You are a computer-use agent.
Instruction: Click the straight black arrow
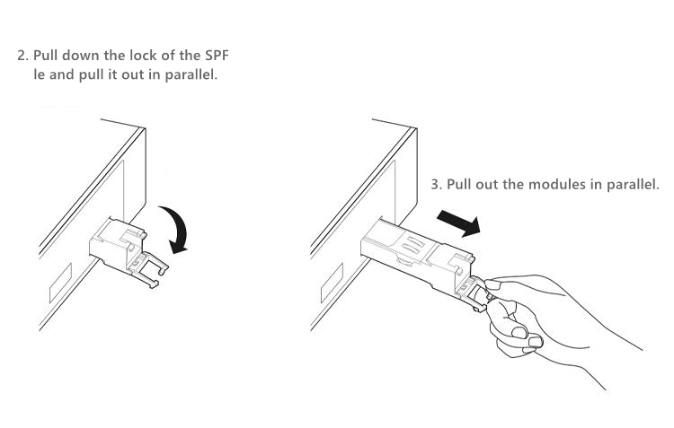(458, 223)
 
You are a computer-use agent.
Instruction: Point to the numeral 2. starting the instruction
(23, 56)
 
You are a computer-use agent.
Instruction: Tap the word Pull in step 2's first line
(45, 56)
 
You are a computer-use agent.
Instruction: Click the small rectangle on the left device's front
(60, 283)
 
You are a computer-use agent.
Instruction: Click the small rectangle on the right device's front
(332, 284)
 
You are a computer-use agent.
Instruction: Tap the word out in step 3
(487, 185)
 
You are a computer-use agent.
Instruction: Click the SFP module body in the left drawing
(116, 243)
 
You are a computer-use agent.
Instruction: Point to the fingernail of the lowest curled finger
(536, 342)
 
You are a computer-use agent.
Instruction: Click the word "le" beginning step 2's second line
(40, 74)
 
